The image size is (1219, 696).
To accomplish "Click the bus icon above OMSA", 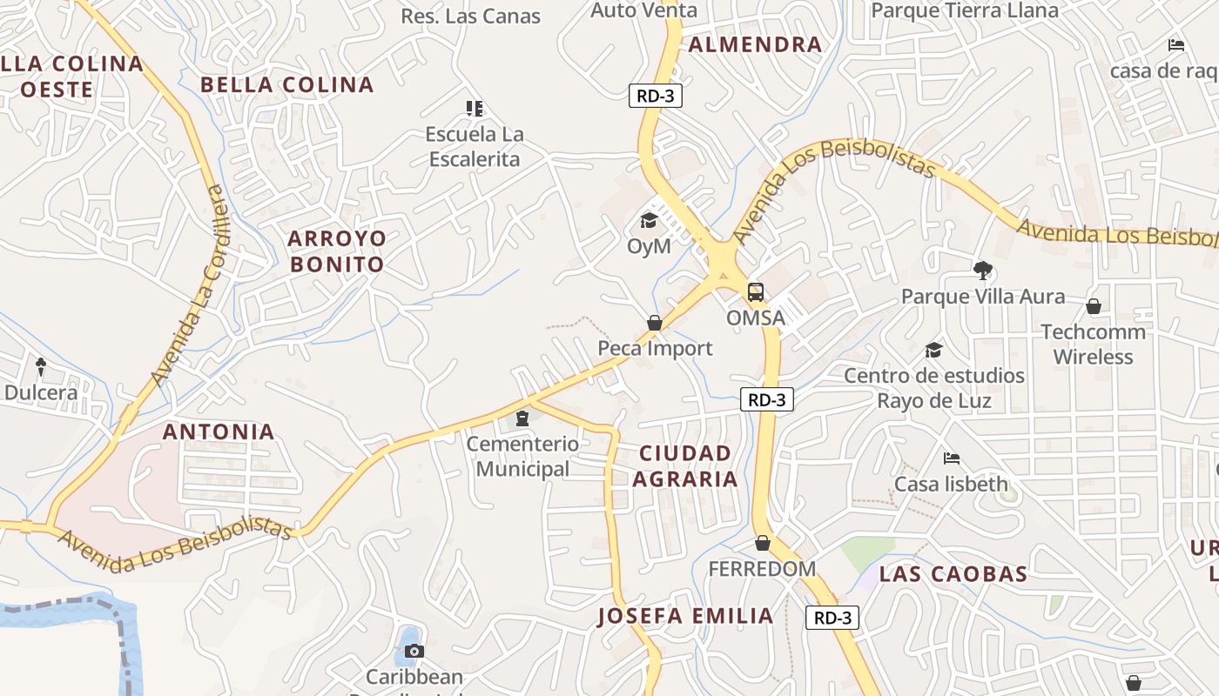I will (x=756, y=292).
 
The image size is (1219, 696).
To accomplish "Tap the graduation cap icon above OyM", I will (x=649, y=221).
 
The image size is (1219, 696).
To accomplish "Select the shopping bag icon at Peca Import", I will (x=655, y=323).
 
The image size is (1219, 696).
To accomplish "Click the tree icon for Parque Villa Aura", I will (x=983, y=271).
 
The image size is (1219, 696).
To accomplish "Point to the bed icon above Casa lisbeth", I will (x=952, y=458).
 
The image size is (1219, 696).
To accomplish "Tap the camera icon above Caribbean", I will (x=414, y=651).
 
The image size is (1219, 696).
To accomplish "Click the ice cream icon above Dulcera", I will (x=40, y=366).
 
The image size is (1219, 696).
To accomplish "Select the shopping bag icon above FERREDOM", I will (x=763, y=543).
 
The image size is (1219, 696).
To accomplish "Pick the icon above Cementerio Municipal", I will (x=522, y=418).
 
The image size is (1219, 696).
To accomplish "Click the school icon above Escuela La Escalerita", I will (x=474, y=109).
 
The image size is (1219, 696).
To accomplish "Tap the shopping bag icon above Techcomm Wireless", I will (x=1094, y=306).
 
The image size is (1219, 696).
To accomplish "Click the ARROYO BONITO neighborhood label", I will (x=336, y=251).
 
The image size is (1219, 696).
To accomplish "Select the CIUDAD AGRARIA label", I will (x=684, y=465).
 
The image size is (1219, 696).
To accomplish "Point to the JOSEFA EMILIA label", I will (x=685, y=616).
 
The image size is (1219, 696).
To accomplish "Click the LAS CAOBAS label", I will (x=953, y=574).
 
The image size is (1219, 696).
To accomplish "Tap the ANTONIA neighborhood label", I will (x=219, y=432).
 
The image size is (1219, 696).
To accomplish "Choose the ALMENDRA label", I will (x=755, y=45).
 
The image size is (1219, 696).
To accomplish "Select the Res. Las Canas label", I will (x=470, y=16).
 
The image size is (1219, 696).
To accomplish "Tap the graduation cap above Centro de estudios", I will (x=933, y=350).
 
